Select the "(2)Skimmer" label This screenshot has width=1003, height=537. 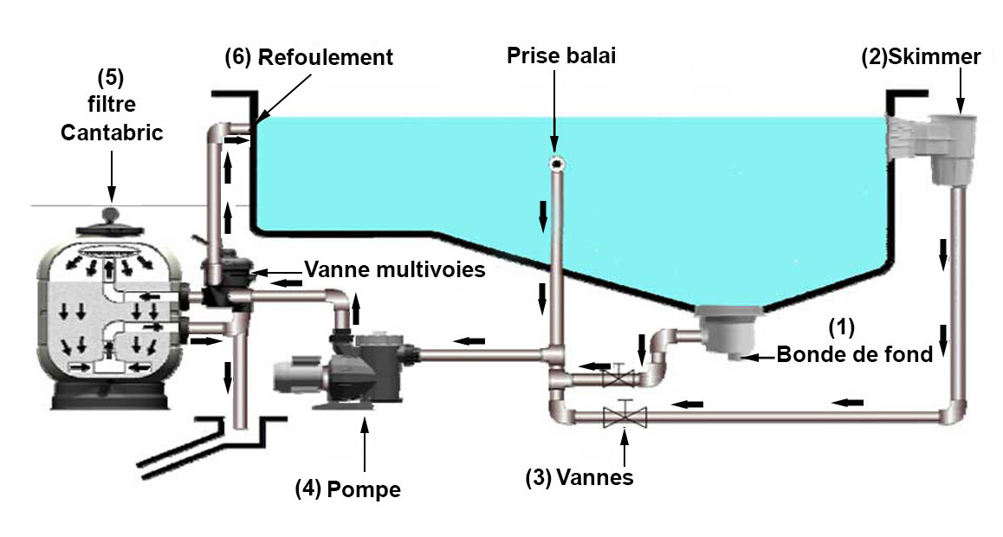point(920,58)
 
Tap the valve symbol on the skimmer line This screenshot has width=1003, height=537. point(624,416)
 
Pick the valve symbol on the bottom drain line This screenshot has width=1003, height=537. point(618,376)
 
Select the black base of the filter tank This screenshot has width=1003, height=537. point(110,398)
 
